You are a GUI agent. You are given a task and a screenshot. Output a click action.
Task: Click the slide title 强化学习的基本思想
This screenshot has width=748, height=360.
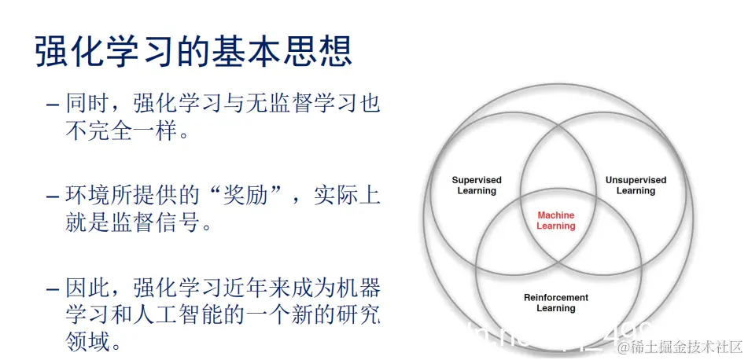193,53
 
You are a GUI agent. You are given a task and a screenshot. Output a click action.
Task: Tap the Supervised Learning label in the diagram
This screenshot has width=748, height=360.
477,186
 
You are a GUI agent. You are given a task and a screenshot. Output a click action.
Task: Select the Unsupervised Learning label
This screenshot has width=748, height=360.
636,186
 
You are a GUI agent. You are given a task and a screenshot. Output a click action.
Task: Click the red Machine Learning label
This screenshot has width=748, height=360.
556,221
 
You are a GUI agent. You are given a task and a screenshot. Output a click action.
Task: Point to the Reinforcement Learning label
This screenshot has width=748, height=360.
556,303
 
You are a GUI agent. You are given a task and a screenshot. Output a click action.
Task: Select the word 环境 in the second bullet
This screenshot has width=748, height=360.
85,196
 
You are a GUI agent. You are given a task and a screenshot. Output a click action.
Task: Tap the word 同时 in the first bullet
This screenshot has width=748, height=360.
85,104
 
